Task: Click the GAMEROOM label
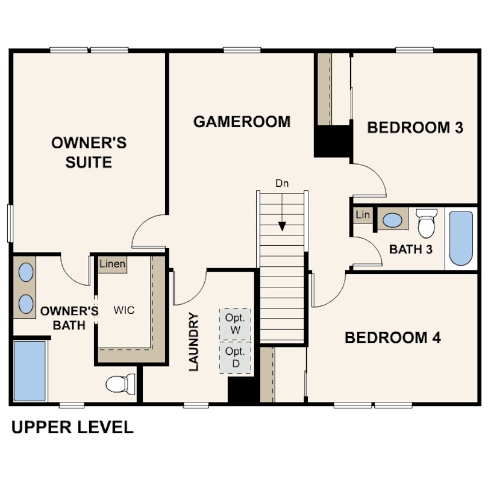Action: [x=242, y=122]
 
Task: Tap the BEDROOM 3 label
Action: [x=415, y=128]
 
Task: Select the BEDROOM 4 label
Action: [x=393, y=337]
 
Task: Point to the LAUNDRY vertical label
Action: [x=193, y=342]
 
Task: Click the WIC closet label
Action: [x=124, y=310]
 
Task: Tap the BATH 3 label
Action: [x=411, y=249]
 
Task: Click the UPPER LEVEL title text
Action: [x=72, y=427]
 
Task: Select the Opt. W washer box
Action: [x=236, y=324]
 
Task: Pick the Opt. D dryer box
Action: [x=236, y=357]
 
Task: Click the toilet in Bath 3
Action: [x=427, y=223]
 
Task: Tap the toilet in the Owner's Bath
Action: [x=120, y=384]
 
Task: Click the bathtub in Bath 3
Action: [x=461, y=239]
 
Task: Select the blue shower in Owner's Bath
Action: [x=30, y=371]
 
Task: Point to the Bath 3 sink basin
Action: [x=392, y=220]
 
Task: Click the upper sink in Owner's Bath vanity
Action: [x=26, y=272]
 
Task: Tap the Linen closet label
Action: [x=112, y=264]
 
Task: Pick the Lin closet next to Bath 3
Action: [x=363, y=214]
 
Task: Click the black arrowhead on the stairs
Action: [x=282, y=227]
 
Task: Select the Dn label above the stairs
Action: [x=282, y=183]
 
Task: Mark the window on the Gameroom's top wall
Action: [x=242, y=50]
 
